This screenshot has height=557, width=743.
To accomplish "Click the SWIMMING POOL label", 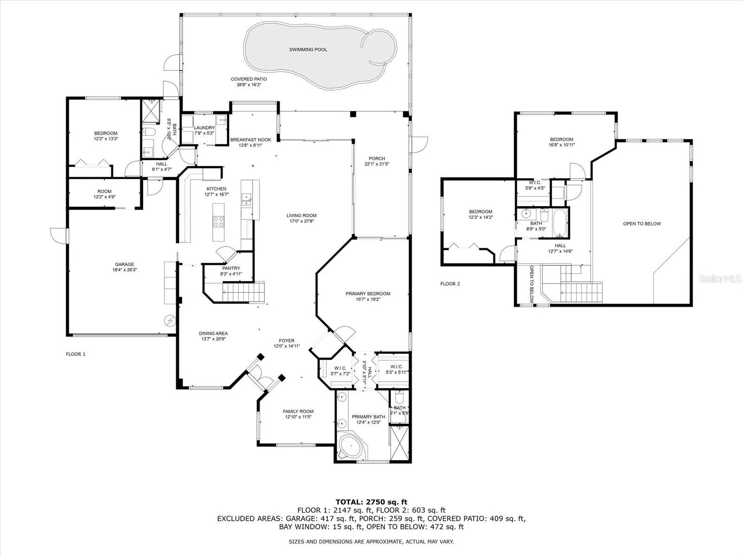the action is (x=308, y=50).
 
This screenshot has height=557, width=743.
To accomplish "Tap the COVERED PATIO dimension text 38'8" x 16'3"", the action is (x=249, y=84).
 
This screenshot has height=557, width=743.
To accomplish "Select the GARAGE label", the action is (x=124, y=264).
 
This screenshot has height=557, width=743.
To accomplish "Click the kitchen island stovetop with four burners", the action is (x=218, y=221).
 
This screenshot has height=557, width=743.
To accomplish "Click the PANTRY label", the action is (x=231, y=268).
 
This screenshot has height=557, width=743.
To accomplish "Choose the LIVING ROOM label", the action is (x=301, y=215).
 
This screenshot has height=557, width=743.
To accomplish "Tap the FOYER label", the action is (x=287, y=341).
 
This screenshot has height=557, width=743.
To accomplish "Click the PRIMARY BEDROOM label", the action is (x=368, y=293).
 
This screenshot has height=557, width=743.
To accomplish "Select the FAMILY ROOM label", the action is (x=298, y=411).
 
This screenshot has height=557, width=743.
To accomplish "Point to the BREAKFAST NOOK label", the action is (x=250, y=140).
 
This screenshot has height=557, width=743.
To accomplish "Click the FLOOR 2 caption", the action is (x=450, y=284).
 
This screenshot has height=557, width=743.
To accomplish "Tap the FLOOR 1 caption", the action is (x=76, y=354).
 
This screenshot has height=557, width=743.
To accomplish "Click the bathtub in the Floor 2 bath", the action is (x=560, y=223).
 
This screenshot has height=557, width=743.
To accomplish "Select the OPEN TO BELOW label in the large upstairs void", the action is (x=642, y=224).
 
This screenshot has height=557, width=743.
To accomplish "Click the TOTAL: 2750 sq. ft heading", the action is (x=371, y=502).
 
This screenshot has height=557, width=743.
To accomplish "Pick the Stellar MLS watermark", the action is (x=720, y=278).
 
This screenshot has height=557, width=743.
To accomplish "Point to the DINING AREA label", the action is (x=213, y=333).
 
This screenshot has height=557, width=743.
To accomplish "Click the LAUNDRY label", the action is (x=204, y=128).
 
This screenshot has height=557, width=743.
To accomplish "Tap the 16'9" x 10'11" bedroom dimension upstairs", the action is (x=561, y=145).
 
